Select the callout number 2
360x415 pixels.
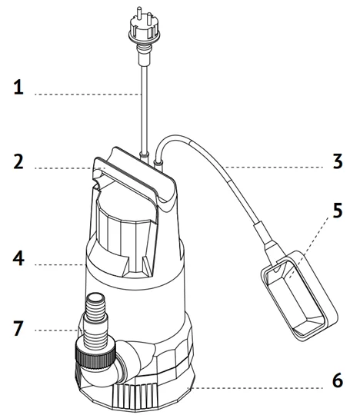[x=18, y=162]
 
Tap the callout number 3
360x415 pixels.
[x=336, y=162]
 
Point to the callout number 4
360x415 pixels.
[x=18, y=259]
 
